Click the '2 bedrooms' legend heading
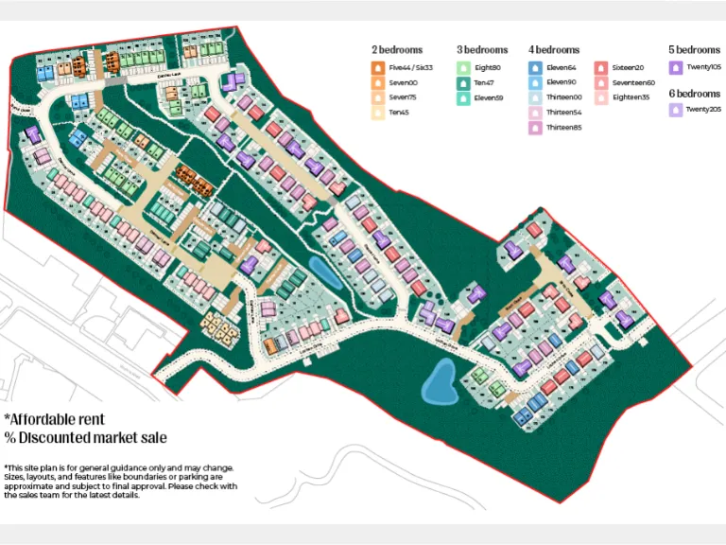[x=397, y=49]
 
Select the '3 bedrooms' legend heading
[x=482, y=49]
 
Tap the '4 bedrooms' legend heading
[x=554, y=49]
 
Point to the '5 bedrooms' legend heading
[x=694, y=49]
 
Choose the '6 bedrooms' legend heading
[x=694, y=94]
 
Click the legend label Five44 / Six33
[x=410, y=67]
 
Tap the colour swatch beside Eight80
[x=463, y=67]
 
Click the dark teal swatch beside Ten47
[x=463, y=82]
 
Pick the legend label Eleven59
[x=488, y=97]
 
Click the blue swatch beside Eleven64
[x=535, y=67]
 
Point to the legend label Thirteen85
[x=563, y=127]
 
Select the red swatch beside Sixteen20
[x=600, y=67]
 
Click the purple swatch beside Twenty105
[x=675, y=67]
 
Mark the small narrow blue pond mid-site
[x=319, y=272]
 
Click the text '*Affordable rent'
[x=54, y=419]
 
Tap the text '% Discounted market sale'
[x=85, y=437]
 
